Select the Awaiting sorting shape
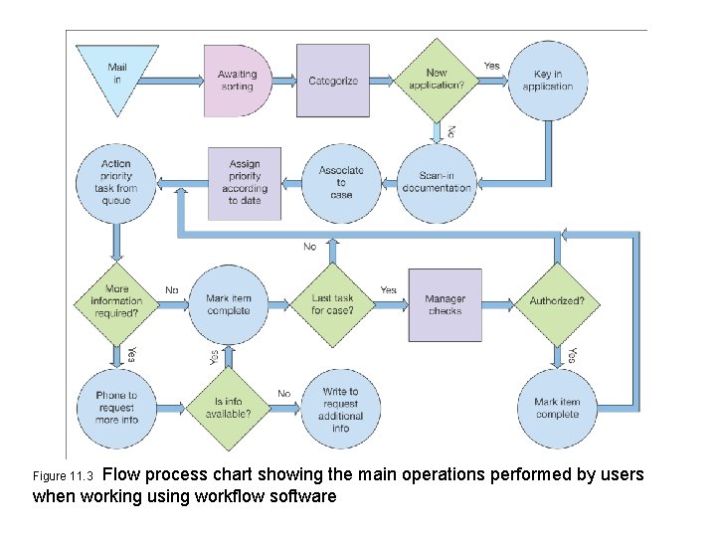(237, 81)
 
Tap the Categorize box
(333, 81)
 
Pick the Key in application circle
(548, 81)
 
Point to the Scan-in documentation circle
(438, 183)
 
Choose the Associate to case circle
(341, 183)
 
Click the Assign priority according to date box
(245, 183)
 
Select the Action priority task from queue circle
(116, 183)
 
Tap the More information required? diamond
(116, 301)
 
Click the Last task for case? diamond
(332, 304)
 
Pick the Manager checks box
(445, 304)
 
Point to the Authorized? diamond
(557, 301)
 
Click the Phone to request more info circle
(116, 408)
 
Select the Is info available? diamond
(229, 408)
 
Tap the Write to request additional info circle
(341, 409)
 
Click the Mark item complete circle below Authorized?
(557, 408)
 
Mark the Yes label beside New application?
(491, 66)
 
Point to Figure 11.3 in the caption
(63, 476)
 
